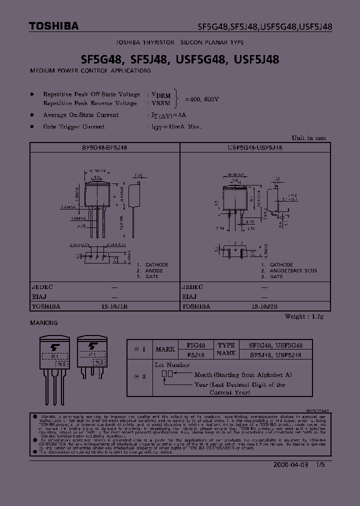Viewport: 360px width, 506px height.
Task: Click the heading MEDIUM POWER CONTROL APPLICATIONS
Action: (x=90, y=71)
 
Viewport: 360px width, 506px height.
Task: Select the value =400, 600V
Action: (x=202, y=99)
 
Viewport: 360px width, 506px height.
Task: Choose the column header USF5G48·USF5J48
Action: (x=254, y=148)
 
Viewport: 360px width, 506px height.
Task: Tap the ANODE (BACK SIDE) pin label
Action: (x=293, y=270)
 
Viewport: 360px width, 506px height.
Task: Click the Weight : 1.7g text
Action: (x=305, y=316)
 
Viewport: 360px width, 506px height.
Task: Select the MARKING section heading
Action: (x=44, y=323)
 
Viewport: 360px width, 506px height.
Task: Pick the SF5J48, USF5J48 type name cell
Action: (x=275, y=354)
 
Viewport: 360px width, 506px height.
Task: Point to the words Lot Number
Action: (x=172, y=365)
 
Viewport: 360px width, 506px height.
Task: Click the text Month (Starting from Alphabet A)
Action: (x=242, y=374)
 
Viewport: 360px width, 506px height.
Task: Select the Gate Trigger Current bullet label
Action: (x=74, y=127)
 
